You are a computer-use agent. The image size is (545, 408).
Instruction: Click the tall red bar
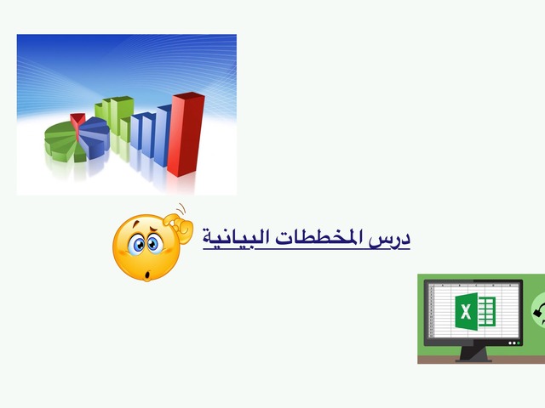pos(186,134)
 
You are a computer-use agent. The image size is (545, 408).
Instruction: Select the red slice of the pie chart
pos(77,122)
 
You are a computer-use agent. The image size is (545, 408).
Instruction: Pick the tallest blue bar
pos(163,136)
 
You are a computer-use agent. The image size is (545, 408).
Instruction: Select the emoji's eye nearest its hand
pos(154,243)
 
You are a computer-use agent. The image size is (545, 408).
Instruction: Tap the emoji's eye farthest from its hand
pos(136,244)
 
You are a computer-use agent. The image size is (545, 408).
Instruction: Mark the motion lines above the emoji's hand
pos(181,209)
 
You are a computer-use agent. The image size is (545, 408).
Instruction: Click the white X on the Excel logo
pos(466,311)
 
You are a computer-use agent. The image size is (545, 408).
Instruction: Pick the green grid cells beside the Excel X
pos(487,311)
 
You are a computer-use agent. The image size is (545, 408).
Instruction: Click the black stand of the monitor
pos(473,354)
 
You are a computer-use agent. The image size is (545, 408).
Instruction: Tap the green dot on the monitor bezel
pos(519,343)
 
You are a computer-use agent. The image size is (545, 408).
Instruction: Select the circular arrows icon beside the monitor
pos(539,309)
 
